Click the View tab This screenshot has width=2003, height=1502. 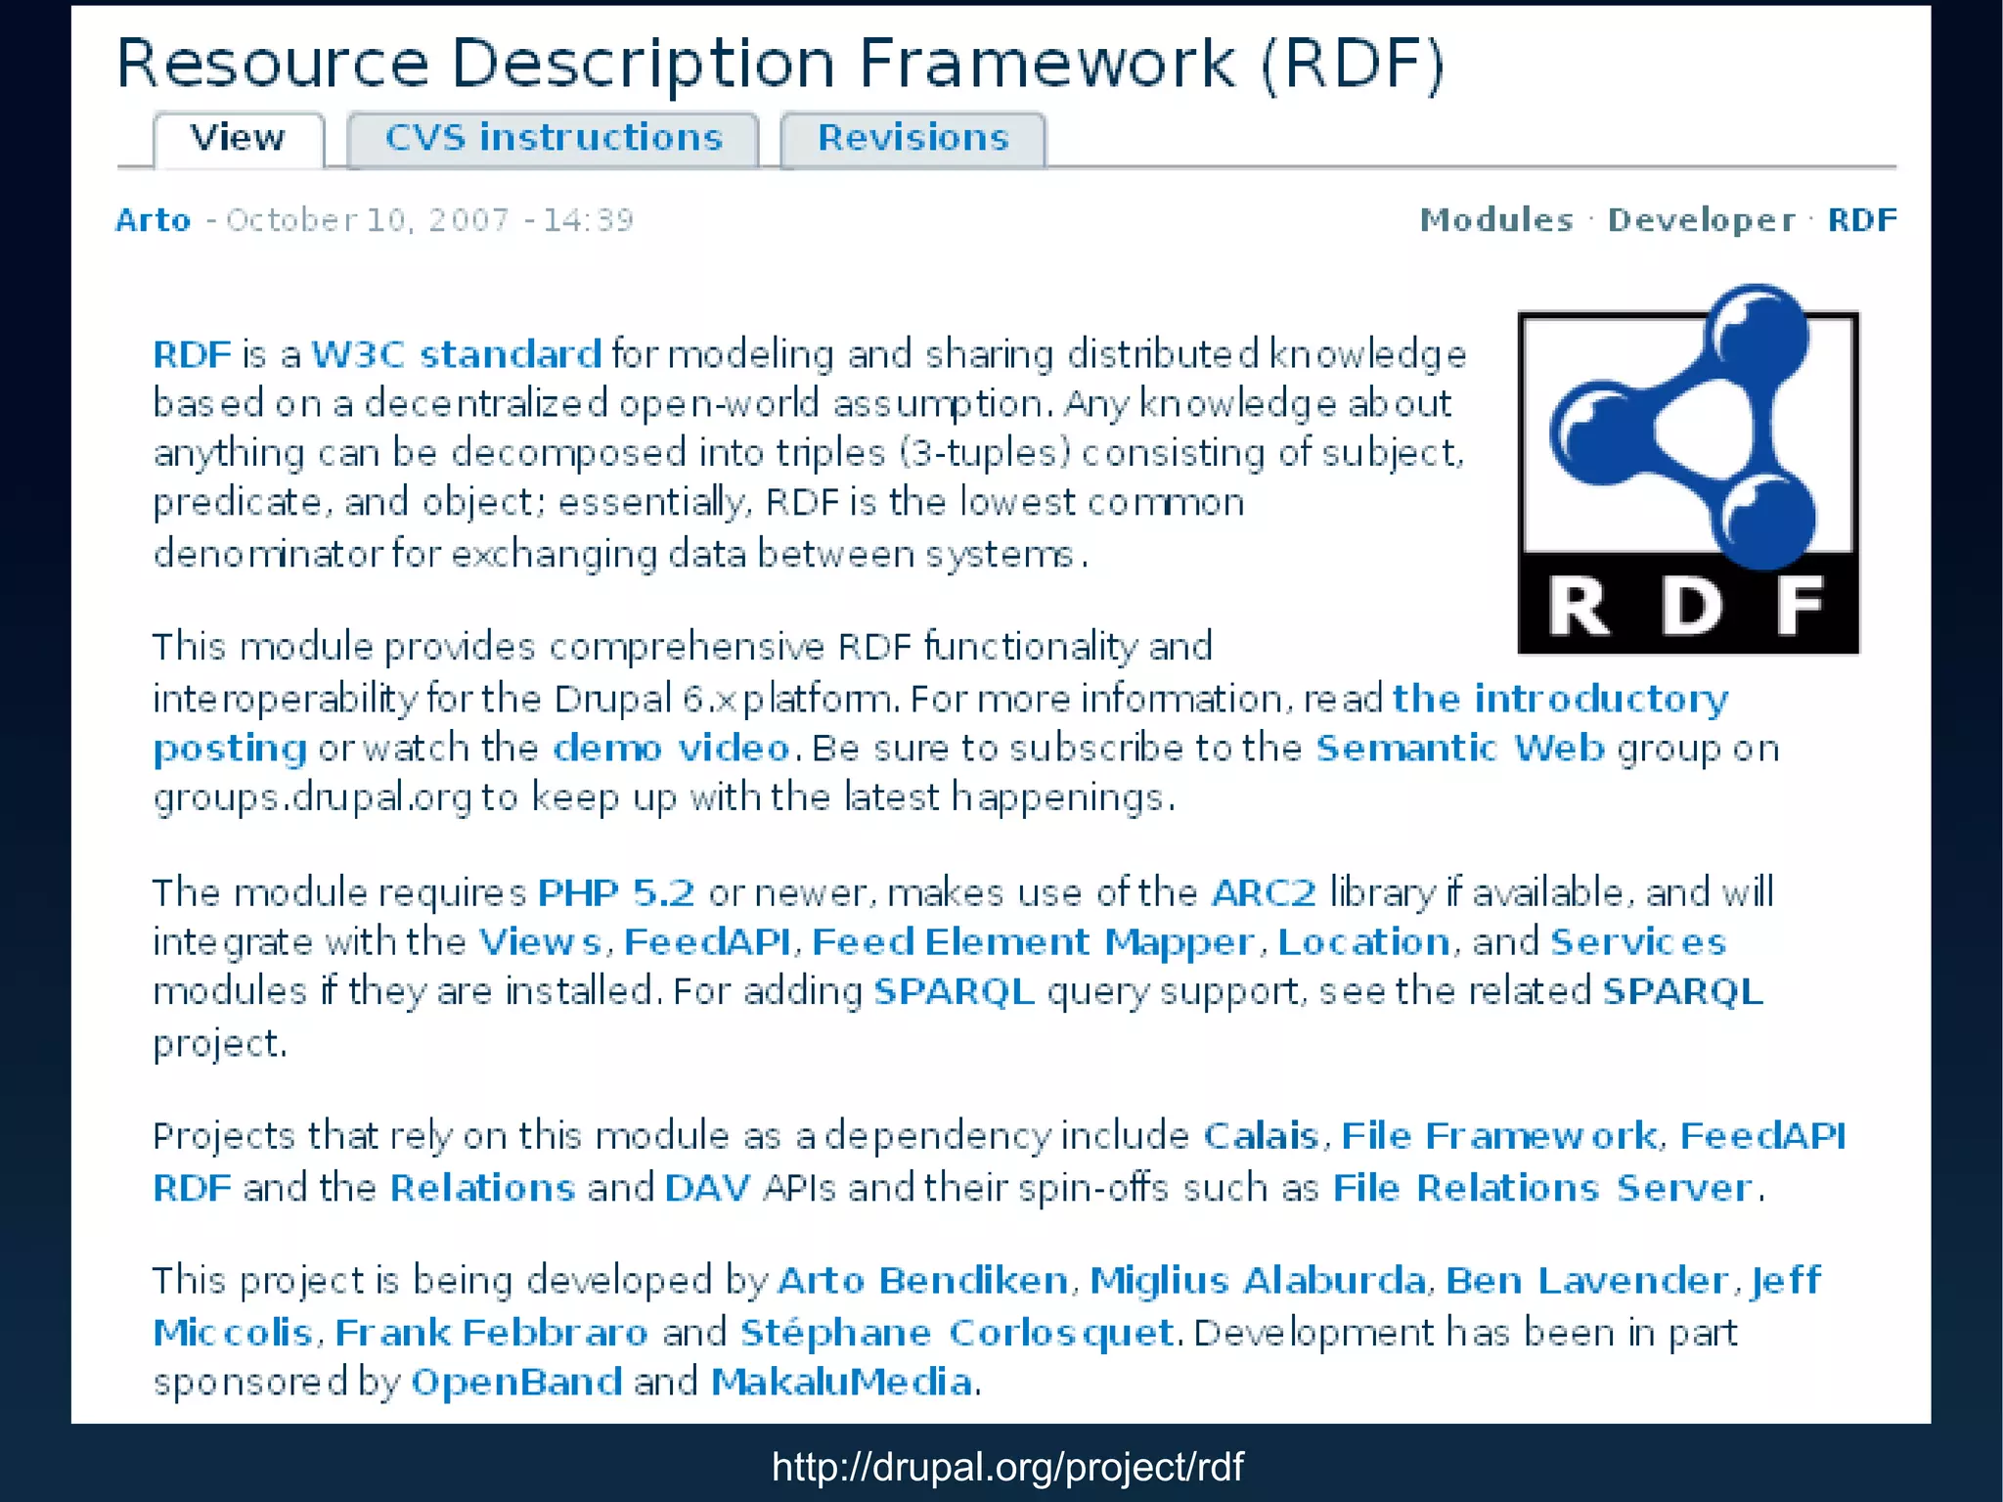tap(238, 138)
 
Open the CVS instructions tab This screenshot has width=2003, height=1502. tap(554, 138)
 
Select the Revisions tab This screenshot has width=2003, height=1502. tap(912, 138)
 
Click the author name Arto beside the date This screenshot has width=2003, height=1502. tap(153, 220)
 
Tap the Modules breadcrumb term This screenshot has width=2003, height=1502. tap(1496, 220)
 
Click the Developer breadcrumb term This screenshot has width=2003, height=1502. tap(1702, 220)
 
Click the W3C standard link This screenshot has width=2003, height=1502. tap(456, 354)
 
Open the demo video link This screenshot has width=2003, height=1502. tap(671, 749)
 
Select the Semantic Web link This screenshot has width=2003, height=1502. tap(1459, 749)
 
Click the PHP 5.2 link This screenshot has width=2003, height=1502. tap(616, 892)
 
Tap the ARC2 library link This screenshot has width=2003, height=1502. tap(1264, 892)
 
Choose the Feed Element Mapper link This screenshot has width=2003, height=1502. tap(1033, 942)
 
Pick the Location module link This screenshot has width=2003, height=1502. tap(1363, 942)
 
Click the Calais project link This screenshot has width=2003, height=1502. tap(1261, 1136)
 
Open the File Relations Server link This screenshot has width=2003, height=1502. tap(1542, 1188)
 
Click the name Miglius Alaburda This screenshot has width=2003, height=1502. tap(1258, 1281)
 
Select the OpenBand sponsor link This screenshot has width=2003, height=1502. tap(516, 1382)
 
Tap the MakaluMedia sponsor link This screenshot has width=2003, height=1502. tap(841, 1382)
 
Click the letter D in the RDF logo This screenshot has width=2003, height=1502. tap(1691, 607)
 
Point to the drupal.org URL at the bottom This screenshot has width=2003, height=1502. tap(1007, 1467)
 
